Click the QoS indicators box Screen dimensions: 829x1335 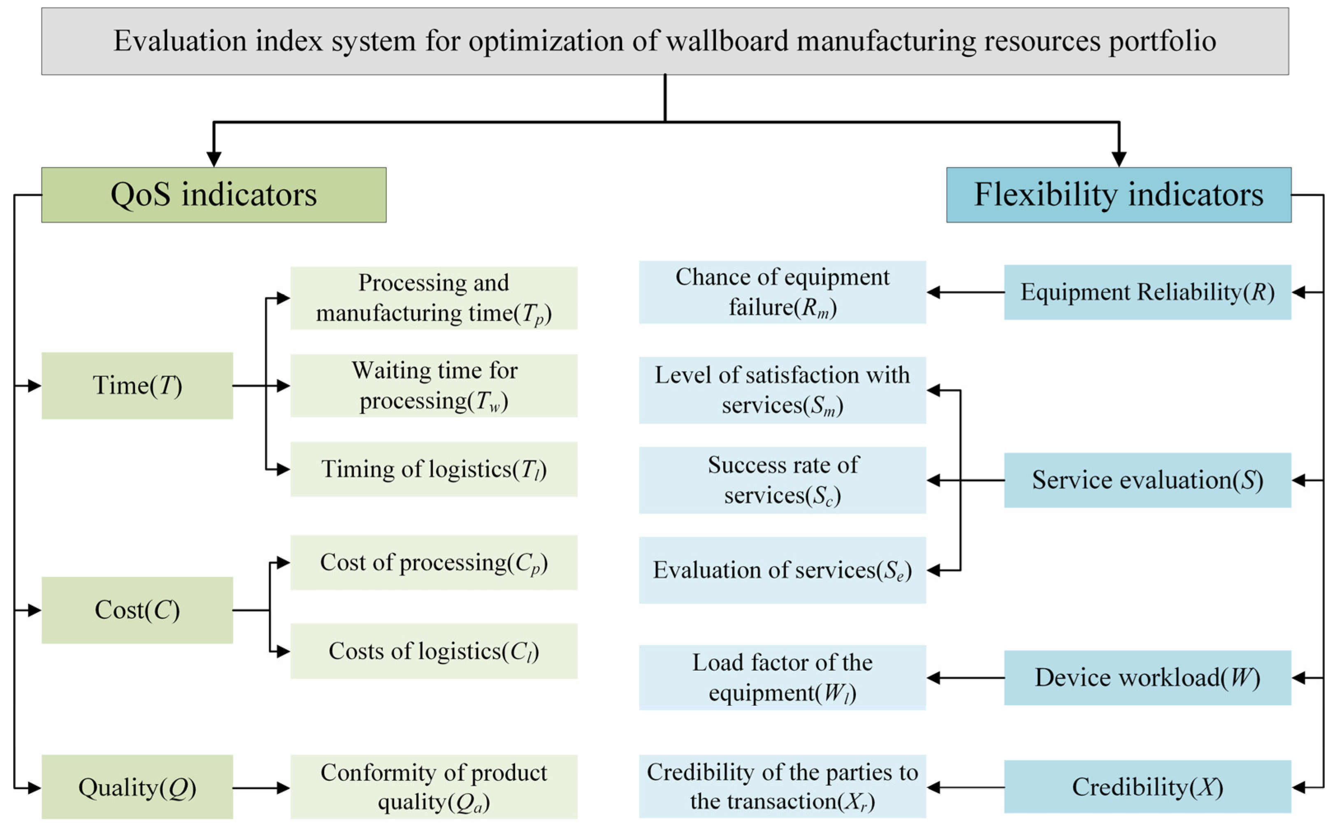click(214, 195)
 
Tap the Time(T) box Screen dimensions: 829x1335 click(137, 385)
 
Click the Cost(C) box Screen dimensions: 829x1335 click(137, 610)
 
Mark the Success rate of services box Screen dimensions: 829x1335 click(782, 480)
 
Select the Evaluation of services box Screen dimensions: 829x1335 click(782, 570)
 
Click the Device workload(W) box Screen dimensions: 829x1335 click(1147, 678)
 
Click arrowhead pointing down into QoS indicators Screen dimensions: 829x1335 click(214, 158)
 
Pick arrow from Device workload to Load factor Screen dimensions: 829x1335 click(965, 678)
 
